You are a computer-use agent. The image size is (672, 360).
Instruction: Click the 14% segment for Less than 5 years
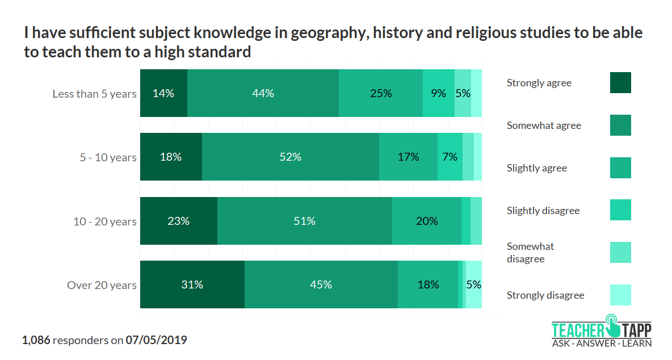click(163, 93)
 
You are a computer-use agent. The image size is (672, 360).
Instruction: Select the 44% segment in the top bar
click(263, 93)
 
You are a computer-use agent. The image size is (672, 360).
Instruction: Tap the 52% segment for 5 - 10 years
click(290, 157)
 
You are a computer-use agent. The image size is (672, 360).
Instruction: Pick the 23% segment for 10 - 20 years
click(178, 221)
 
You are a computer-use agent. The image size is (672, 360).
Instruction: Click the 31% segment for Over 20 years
click(192, 284)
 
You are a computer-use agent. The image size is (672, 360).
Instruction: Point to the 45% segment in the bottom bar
click(321, 284)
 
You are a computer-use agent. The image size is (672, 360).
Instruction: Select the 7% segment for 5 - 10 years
click(450, 157)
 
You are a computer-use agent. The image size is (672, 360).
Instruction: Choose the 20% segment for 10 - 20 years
click(426, 221)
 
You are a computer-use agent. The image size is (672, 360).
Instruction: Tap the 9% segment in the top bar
click(438, 93)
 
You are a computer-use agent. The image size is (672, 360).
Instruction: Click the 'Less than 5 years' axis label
click(94, 94)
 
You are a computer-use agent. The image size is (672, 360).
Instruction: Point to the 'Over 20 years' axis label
click(102, 285)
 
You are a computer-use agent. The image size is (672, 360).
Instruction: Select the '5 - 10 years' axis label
click(108, 157)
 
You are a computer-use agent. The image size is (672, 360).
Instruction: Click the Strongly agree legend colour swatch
click(620, 83)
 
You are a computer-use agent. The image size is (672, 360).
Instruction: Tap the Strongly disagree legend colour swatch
click(620, 295)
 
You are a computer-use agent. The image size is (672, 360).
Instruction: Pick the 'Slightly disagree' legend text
click(543, 211)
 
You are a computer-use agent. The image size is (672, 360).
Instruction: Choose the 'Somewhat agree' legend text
click(544, 125)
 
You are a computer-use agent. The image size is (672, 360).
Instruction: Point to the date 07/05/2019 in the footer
click(156, 341)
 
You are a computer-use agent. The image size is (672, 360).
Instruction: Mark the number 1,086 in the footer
click(36, 341)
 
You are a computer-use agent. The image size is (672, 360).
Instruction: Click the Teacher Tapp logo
click(602, 330)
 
